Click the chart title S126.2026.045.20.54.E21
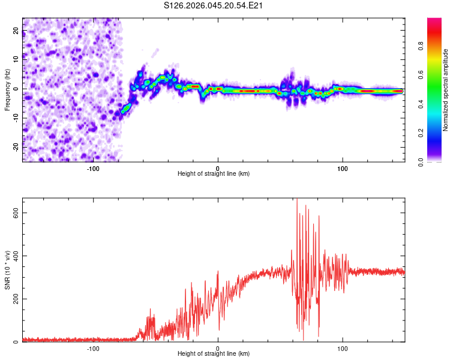[214, 5]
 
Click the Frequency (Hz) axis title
[7, 90]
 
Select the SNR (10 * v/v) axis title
[7, 270]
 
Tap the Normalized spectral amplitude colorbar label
[446, 90]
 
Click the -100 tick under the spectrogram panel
[93, 168]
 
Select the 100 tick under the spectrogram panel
[343, 168]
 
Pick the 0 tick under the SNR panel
[218, 348]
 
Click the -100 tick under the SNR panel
[93, 348]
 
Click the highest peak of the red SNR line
[297, 199]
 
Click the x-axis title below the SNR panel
[214, 354]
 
